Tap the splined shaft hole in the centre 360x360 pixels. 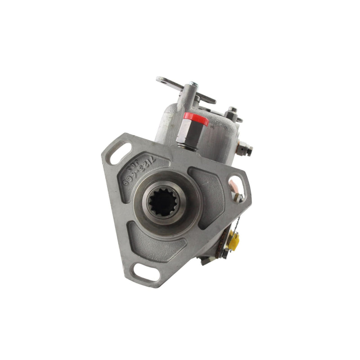(163, 203)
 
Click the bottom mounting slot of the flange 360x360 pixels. (144, 271)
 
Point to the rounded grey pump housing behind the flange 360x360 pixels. (216, 135)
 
